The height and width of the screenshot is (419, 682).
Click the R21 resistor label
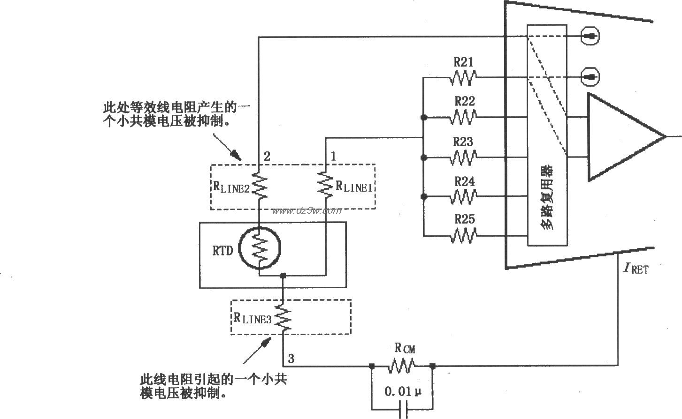point(463,62)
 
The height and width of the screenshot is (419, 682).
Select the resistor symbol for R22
point(463,117)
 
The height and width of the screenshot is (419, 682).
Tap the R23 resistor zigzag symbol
point(463,157)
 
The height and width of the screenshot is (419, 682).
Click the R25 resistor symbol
point(463,235)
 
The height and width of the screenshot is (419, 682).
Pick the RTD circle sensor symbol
point(260,249)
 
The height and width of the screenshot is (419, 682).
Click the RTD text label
point(222,251)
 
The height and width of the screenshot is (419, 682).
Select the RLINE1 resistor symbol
point(324,183)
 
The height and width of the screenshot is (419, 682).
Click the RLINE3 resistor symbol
point(283,317)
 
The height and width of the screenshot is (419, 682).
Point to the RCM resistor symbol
point(402,366)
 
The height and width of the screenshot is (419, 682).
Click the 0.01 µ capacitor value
point(401,391)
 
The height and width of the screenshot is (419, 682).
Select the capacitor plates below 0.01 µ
point(402,412)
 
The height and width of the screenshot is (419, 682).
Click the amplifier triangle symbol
point(620,137)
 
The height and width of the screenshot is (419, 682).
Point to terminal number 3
point(291,359)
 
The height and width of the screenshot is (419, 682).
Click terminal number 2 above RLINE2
point(267,157)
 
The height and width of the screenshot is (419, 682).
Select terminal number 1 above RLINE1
point(334,157)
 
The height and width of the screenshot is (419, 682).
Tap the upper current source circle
point(590,36)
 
